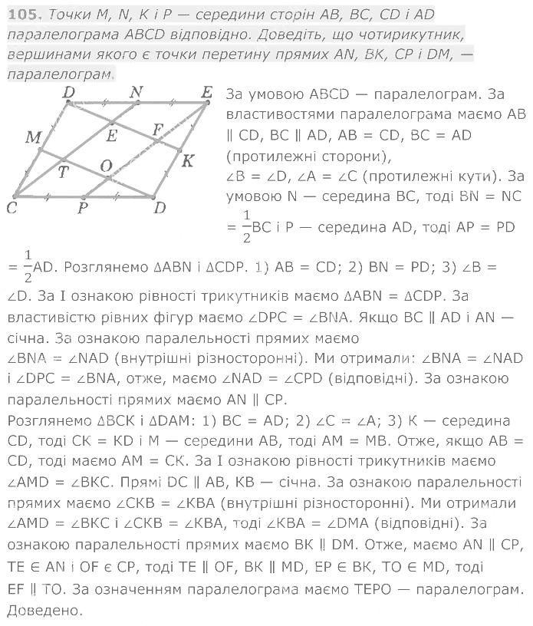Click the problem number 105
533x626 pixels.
(x=21, y=14)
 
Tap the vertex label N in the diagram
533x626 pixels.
(x=137, y=92)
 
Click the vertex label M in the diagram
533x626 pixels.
(x=32, y=137)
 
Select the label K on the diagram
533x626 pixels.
(x=186, y=160)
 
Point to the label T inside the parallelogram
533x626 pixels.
(x=63, y=172)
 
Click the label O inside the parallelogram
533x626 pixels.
(x=107, y=166)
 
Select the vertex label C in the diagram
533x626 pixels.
(x=12, y=208)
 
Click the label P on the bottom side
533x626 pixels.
(x=82, y=208)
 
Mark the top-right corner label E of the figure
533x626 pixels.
(x=206, y=92)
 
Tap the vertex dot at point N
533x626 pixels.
(x=138, y=104)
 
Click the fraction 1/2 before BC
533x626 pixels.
(x=246, y=228)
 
